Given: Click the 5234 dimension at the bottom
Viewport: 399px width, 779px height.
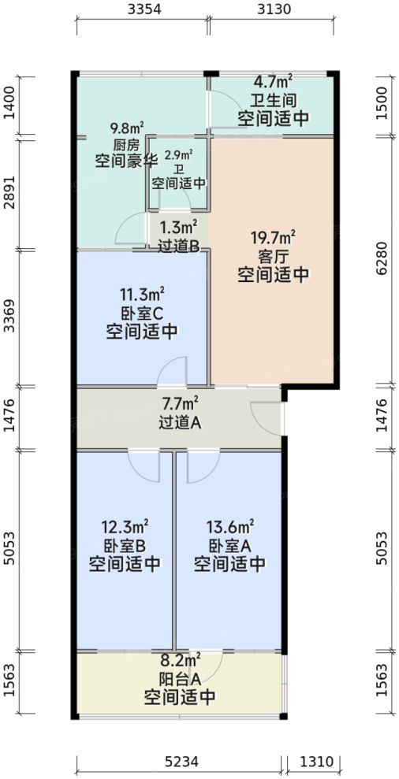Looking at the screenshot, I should [181, 762].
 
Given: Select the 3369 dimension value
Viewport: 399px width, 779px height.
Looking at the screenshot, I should [9, 317].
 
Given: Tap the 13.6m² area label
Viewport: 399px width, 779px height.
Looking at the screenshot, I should [230, 525].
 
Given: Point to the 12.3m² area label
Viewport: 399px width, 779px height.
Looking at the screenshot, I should [125, 525].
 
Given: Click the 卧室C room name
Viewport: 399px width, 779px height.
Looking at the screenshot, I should [142, 313].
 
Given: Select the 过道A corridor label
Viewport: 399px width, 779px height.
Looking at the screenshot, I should [181, 422].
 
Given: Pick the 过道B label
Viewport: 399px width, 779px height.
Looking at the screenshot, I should [178, 245].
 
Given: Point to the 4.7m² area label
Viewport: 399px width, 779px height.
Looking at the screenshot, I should [273, 81].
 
